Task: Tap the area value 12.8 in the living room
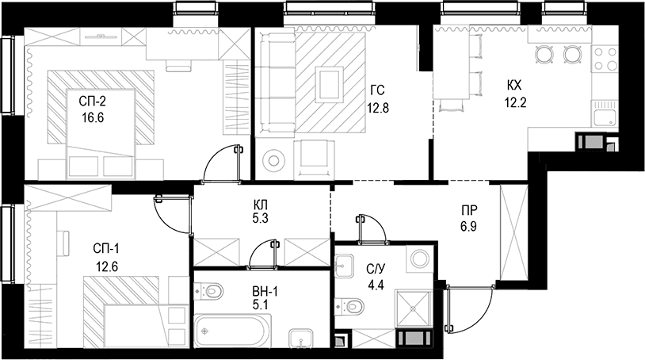click(x=378, y=108)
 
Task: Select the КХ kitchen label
click(x=514, y=86)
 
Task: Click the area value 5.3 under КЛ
click(x=261, y=219)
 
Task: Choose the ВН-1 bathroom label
click(x=265, y=292)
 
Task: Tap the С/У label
click(x=376, y=270)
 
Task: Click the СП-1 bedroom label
click(x=105, y=248)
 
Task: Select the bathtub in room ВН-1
click(x=233, y=331)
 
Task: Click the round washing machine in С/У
click(x=420, y=259)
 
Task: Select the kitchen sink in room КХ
click(x=605, y=113)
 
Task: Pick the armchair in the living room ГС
click(x=315, y=159)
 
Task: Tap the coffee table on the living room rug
click(x=329, y=84)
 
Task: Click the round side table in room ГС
click(x=273, y=159)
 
